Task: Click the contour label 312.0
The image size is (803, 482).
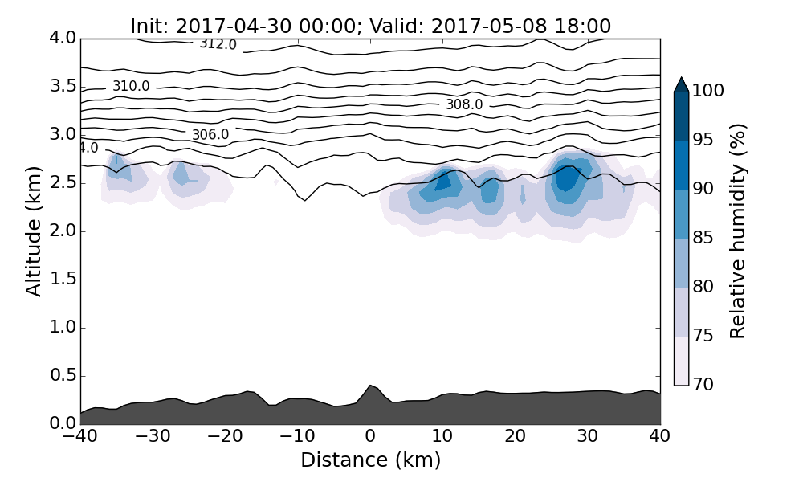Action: point(218,44)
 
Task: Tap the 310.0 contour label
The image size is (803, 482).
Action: point(131,86)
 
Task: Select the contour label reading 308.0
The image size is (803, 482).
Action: point(464,104)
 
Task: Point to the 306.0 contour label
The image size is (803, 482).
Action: point(210,134)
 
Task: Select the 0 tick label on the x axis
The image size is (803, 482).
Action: point(370,437)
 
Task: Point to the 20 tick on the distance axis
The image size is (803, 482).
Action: point(516,437)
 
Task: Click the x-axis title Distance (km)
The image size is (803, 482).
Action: point(370,460)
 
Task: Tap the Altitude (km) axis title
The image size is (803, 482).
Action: point(34,231)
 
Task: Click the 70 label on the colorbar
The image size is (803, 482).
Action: point(703,385)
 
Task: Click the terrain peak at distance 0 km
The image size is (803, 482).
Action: point(370,387)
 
